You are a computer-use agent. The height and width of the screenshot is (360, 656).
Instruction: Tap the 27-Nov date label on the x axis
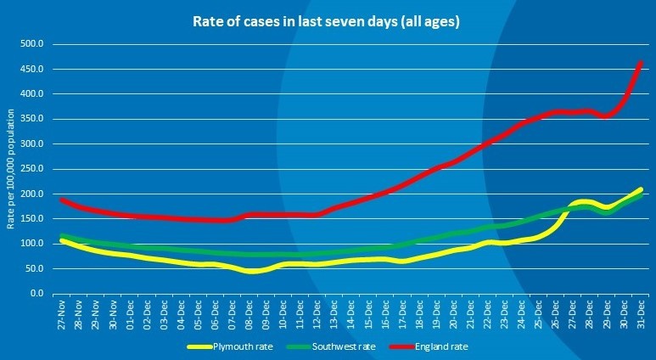coord(63,315)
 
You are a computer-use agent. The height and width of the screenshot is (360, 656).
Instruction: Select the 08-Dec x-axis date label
coord(250,315)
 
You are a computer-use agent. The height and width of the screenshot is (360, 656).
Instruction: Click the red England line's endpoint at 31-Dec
coord(641,62)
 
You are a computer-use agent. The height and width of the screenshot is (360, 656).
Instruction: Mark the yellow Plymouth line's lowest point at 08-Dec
coord(251,272)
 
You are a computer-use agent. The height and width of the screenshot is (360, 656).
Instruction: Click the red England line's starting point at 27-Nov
coord(61,199)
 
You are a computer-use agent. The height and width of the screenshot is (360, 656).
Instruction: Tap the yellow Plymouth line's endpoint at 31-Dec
coord(641,189)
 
